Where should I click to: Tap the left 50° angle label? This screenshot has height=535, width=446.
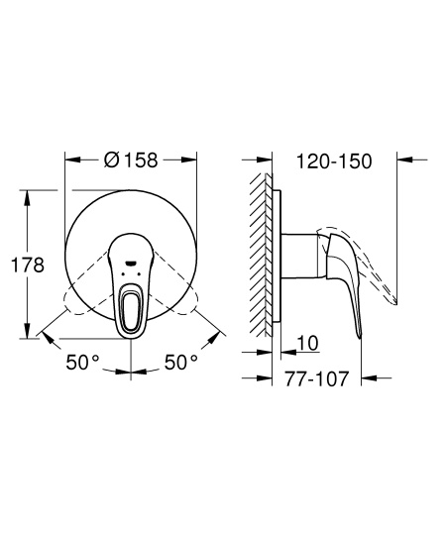(x=83, y=363)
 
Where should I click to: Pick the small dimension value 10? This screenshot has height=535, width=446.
(x=307, y=343)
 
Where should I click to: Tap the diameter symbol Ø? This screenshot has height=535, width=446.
(x=112, y=159)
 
